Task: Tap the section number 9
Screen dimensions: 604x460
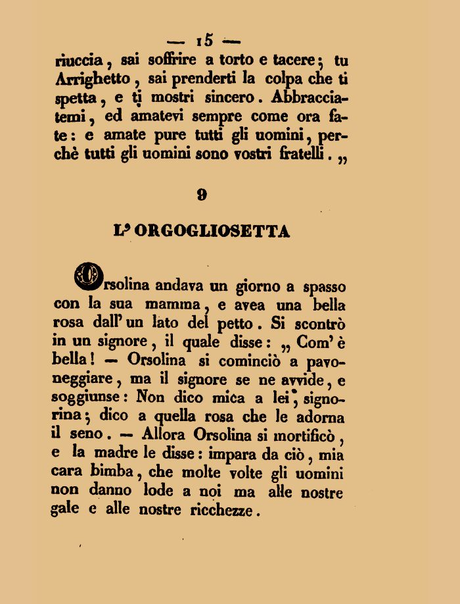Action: [202, 194]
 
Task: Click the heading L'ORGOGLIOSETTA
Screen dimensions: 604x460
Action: [202, 232]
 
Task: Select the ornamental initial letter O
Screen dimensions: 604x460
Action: [89, 276]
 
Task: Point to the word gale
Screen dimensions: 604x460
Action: [64, 510]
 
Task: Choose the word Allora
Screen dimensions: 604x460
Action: [162, 435]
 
